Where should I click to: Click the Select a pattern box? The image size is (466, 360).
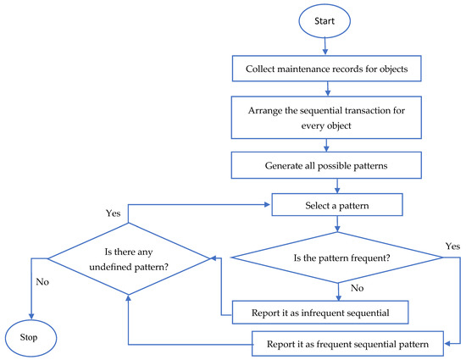pos(337,204)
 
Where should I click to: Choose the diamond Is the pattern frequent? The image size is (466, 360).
pos(337,257)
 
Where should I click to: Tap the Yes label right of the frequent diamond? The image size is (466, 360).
pos(453,245)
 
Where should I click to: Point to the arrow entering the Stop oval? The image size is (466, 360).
pos(31,309)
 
